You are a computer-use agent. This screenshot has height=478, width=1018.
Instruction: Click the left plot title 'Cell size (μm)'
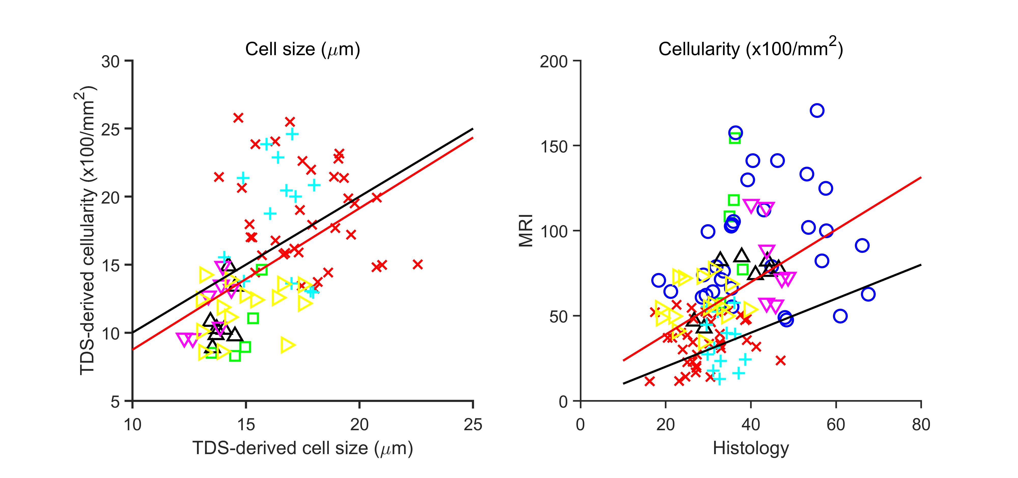point(302,49)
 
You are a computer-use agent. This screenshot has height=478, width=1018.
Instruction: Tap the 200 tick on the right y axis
point(553,61)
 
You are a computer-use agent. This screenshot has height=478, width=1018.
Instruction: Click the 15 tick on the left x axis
point(246,425)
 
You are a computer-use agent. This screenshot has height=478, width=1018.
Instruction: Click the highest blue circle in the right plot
point(817,111)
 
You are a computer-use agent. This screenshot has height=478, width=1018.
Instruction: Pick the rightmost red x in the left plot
point(418,265)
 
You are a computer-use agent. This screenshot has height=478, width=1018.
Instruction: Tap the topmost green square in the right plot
point(735,138)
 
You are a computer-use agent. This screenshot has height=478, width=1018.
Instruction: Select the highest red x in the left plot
point(238,118)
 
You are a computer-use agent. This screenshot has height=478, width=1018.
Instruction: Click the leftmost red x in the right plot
point(649,381)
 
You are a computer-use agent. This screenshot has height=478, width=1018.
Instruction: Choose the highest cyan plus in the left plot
point(292,134)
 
